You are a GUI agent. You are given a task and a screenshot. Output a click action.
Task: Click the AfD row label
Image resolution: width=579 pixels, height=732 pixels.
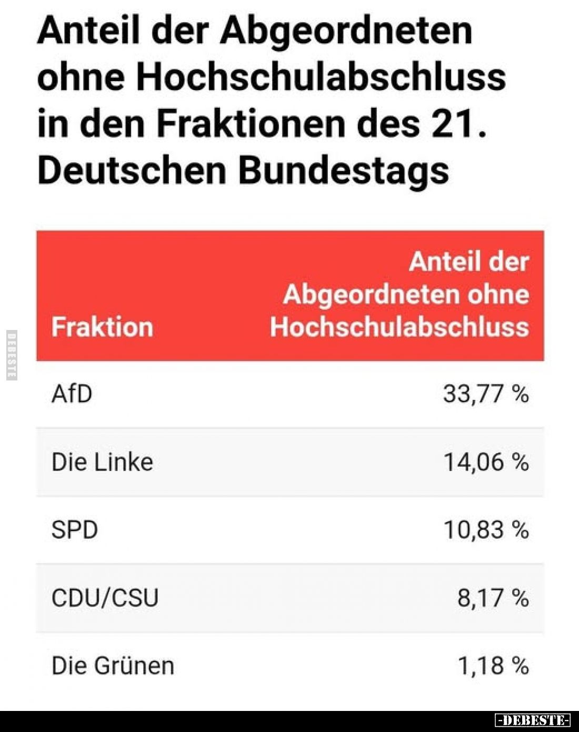(x=72, y=394)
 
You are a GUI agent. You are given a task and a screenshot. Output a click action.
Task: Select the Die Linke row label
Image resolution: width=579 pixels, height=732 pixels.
(x=102, y=462)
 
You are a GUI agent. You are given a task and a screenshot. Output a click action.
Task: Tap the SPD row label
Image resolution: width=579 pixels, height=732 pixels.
(x=74, y=529)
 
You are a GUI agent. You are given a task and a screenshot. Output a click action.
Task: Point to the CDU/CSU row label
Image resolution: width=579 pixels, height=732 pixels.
(x=105, y=598)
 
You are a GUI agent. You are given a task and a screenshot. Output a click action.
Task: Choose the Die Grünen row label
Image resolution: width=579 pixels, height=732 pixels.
(x=113, y=666)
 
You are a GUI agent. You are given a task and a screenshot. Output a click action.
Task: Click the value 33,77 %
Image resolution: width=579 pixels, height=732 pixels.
(x=485, y=394)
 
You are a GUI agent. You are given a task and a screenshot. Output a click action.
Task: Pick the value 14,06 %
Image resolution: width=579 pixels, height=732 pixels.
(x=485, y=462)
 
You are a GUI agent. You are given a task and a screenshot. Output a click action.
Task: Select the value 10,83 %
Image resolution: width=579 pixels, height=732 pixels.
(x=485, y=529)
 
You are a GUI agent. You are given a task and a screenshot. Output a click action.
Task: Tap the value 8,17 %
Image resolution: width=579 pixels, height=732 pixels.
(x=493, y=598)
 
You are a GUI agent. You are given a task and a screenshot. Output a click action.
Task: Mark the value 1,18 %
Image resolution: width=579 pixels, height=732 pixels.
(x=493, y=666)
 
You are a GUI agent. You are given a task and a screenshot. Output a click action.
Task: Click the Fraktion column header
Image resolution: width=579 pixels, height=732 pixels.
(x=102, y=327)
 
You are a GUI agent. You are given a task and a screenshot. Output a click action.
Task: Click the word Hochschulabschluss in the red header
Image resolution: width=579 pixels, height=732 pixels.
(x=399, y=327)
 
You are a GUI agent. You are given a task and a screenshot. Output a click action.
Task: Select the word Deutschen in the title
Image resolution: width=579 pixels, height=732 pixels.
(x=132, y=170)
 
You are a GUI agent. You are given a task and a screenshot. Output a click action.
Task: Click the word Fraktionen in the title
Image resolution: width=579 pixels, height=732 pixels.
(x=252, y=123)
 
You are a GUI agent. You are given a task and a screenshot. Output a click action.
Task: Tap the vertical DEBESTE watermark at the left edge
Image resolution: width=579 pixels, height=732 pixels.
(x=12, y=355)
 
